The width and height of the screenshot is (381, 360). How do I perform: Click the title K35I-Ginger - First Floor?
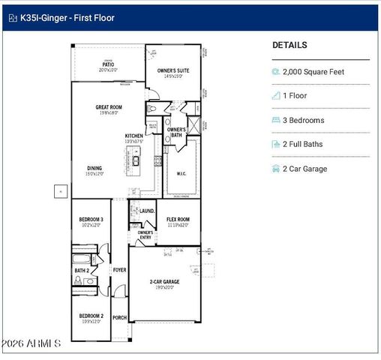[68, 17]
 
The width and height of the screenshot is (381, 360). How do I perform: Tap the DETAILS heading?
[290, 45]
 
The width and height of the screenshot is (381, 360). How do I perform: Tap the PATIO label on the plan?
[109, 64]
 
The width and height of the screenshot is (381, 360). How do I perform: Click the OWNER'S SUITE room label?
[173, 71]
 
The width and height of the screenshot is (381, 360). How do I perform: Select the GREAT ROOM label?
[109, 107]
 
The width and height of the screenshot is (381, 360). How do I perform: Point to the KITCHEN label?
[133, 136]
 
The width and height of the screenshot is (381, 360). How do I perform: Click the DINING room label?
[94, 169]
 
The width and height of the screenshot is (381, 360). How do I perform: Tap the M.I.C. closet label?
[181, 173]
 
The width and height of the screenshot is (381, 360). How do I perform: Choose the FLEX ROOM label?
[178, 220]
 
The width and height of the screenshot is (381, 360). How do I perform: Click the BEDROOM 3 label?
[91, 220]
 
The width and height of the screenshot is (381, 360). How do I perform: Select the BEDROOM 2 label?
[91, 316]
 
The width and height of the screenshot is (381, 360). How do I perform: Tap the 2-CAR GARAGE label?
[164, 282]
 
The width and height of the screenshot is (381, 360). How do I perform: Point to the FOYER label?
[119, 270]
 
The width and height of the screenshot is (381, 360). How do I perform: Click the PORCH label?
[119, 317]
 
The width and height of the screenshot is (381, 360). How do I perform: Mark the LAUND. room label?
[147, 211]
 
